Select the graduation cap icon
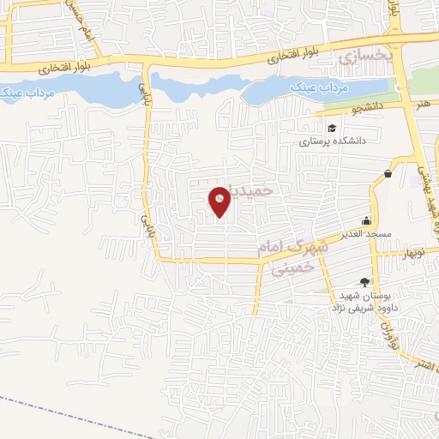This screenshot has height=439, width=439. (308, 129)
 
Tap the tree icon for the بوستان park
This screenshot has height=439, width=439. (364, 281)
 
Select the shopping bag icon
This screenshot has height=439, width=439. (388, 173)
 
